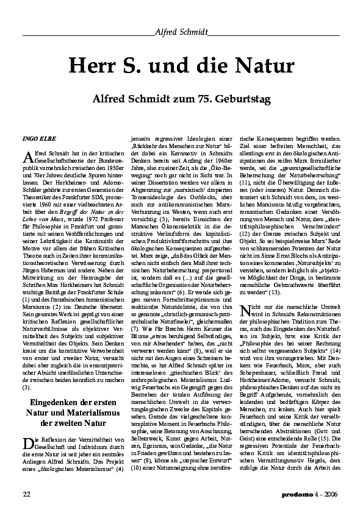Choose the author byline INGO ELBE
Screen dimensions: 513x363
point(38,138)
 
